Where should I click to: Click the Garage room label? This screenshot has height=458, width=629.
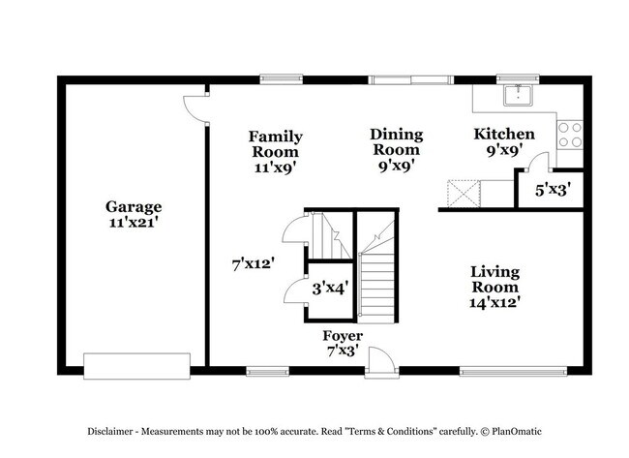click(134, 206)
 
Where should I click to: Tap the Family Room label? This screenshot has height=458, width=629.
click(276, 144)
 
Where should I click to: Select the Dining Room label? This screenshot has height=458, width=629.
click(397, 142)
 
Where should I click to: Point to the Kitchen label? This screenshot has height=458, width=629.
click(504, 134)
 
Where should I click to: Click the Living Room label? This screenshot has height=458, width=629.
click(495, 280)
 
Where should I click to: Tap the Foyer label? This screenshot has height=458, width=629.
click(343, 335)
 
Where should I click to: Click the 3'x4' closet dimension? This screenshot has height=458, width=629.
click(330, 288)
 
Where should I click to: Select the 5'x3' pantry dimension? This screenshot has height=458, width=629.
click(553, 189)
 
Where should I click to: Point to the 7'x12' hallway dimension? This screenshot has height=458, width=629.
click(254, 264)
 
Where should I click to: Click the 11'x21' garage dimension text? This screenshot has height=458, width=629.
click(133, 222)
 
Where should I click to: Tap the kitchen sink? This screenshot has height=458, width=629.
click(519, 95)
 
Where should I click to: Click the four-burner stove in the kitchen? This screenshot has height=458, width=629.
click(570, 135)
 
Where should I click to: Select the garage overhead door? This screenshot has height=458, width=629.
click(136, 366)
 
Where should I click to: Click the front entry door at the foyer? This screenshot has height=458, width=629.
click(382, 361)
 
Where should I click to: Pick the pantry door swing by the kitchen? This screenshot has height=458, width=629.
click(537, 162)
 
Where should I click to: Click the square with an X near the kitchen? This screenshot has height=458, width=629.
click(464, 194)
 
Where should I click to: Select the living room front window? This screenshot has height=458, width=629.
click(513, 371)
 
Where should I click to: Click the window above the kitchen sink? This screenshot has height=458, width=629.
click(518, 79)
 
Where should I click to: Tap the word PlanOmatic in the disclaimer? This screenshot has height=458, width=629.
click(517, 432)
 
